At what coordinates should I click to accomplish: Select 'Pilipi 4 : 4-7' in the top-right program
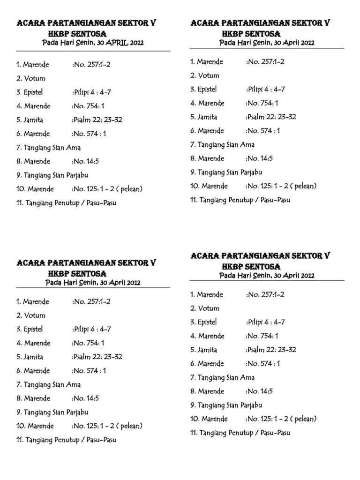[x=266, y=89]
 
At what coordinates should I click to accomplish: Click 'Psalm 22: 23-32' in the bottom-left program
[x=97, y=357]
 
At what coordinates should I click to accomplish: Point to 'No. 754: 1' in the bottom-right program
[x=262, y=336]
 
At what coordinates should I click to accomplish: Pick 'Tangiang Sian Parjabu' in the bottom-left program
[x=52, y=412]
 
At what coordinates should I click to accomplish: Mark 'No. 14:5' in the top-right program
[x=259, y=158]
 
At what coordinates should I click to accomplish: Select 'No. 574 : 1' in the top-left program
[x=89, y=134]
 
